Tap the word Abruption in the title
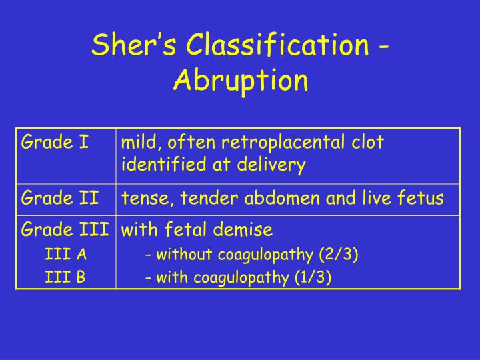click(x=241, y=80)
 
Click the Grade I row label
click(x=55, y=142)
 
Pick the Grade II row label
click(x=61, y=198)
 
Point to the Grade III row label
click(x=65, y=230)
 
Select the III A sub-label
click(x=65, y=254)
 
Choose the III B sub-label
click(x=65, y=277)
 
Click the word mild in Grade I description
click(x=138, y=142)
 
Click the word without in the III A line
click(x=179, y=254)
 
